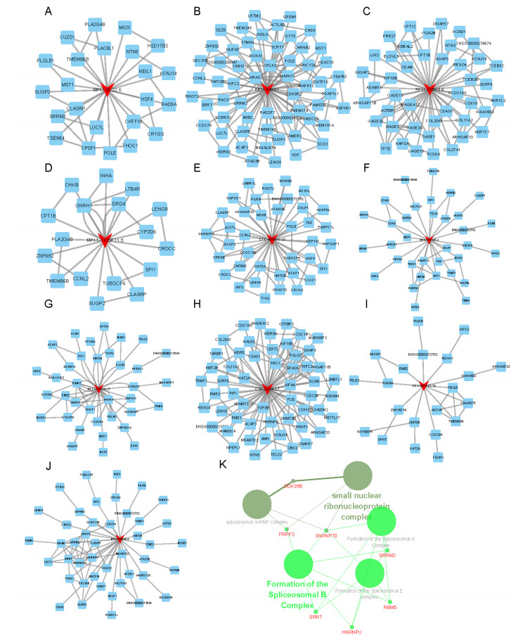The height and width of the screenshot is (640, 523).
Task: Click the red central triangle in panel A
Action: pyautogui.click(x=106, y=89)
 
